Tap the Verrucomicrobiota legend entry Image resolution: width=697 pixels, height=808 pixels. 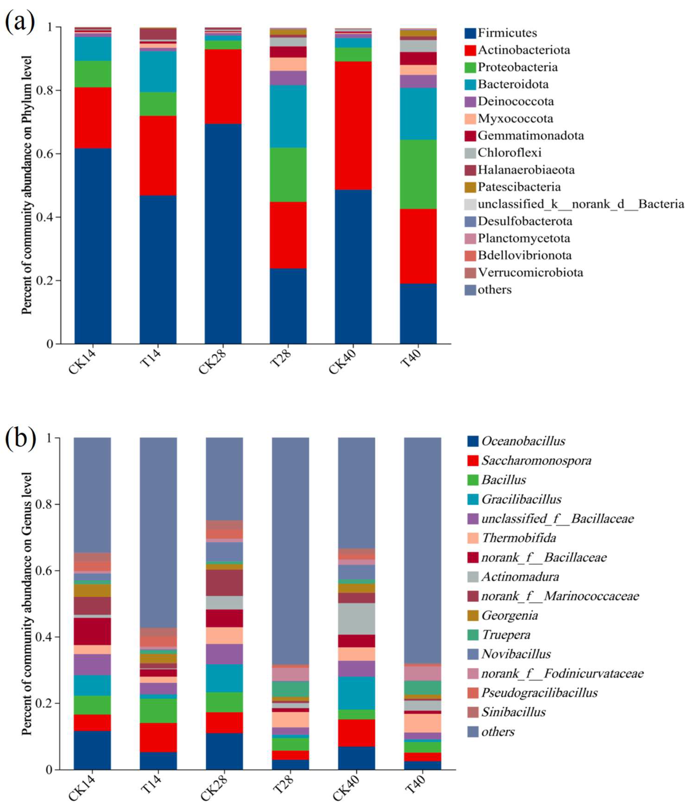point(530,273)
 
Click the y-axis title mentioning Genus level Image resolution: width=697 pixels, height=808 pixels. point(27,604)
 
